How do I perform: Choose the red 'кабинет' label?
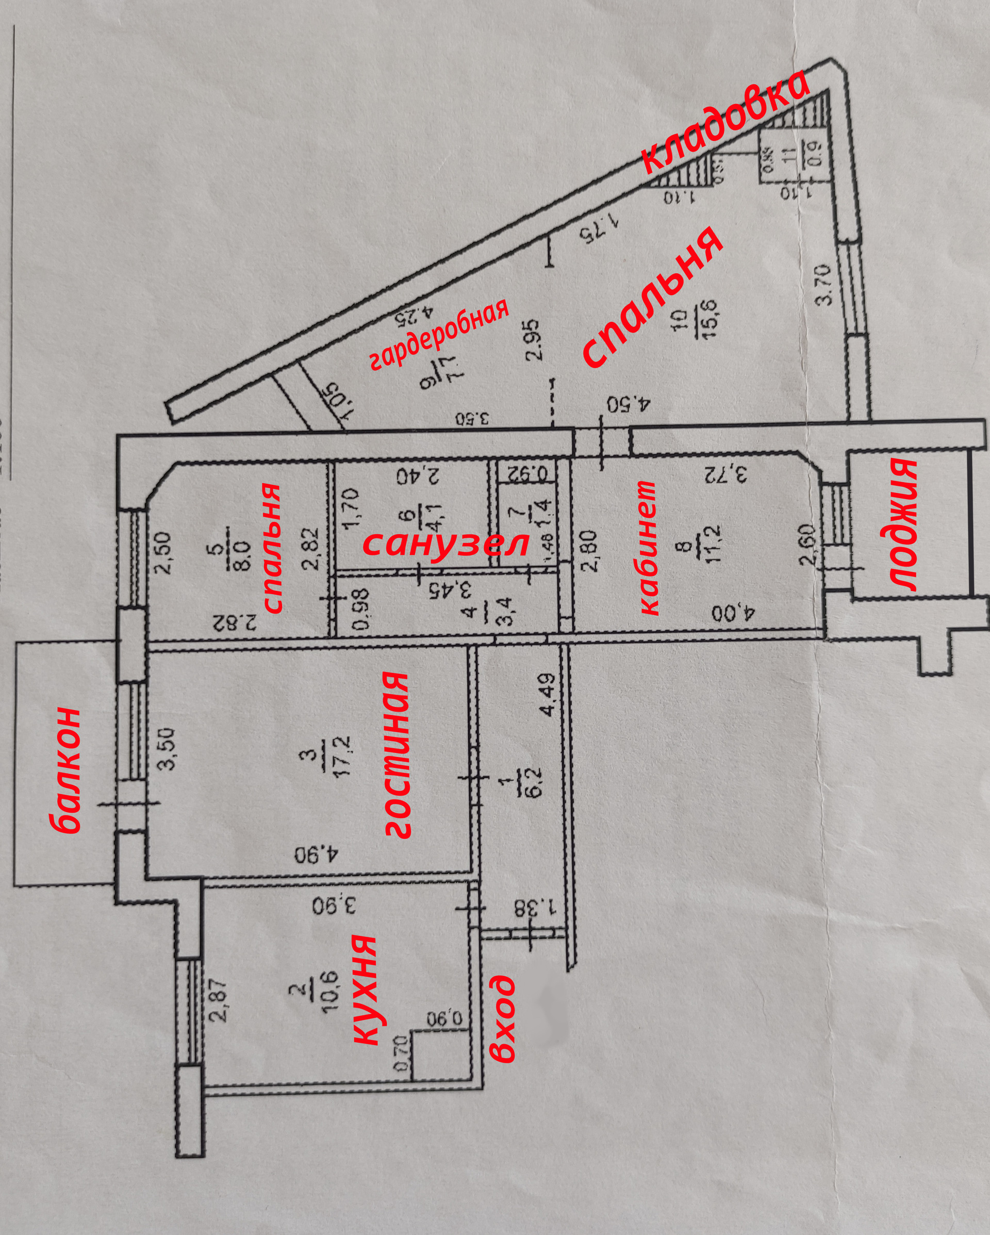648,548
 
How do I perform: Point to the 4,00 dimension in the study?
734,613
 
